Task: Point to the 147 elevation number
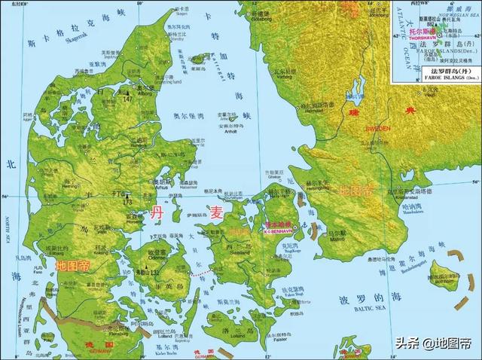(129, 99)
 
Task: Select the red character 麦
(216, 213)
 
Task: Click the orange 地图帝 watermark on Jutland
(72, 265)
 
